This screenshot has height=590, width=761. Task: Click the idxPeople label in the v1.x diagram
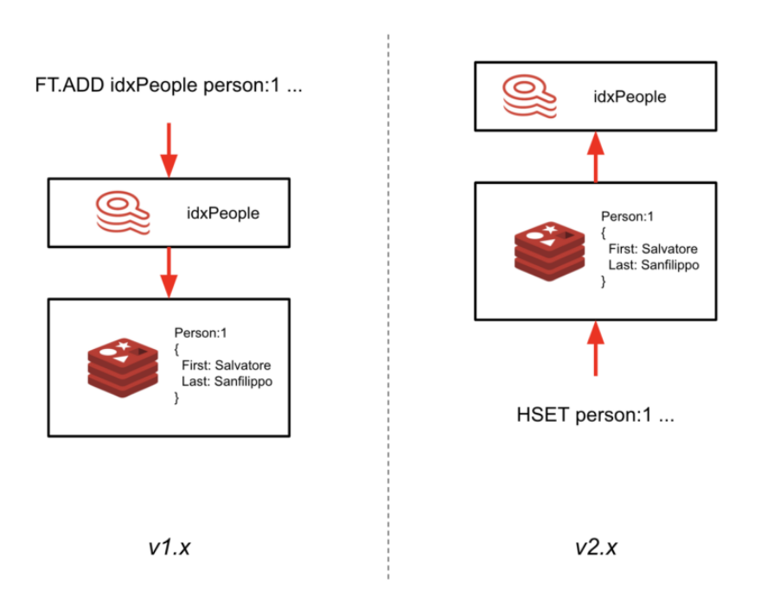coord(223,213)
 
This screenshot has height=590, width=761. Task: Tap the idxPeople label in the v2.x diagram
coord(630,97)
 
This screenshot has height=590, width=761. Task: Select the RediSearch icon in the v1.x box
coord(123,213)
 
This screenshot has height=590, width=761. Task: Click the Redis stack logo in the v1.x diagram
coord(124,368)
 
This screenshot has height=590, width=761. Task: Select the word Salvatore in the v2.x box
coord(668,249)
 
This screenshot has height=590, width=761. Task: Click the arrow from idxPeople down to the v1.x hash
coord(169,272)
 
